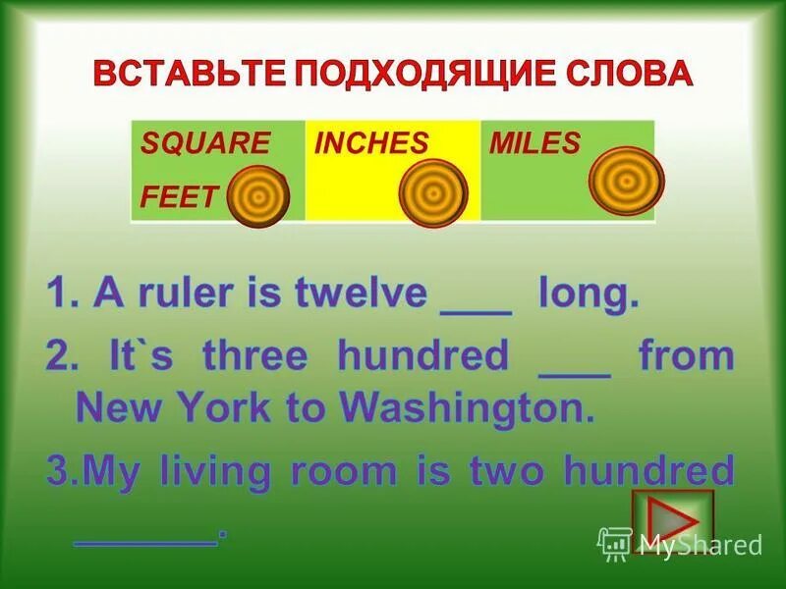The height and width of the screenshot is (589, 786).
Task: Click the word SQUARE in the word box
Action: point(204,143)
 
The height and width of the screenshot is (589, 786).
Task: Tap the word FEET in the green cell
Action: point(178,196)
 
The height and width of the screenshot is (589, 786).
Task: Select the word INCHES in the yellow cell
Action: point(370,143)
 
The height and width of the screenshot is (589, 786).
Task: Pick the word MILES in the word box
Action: point(534,143)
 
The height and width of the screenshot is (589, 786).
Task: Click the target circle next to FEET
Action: point(258,196)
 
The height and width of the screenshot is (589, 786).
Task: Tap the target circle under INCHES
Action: point(431,193)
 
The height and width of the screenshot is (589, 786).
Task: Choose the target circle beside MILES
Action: point(626,181)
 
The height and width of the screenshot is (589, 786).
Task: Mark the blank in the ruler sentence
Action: point(477,298)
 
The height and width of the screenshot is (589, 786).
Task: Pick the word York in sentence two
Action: point(240,406)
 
